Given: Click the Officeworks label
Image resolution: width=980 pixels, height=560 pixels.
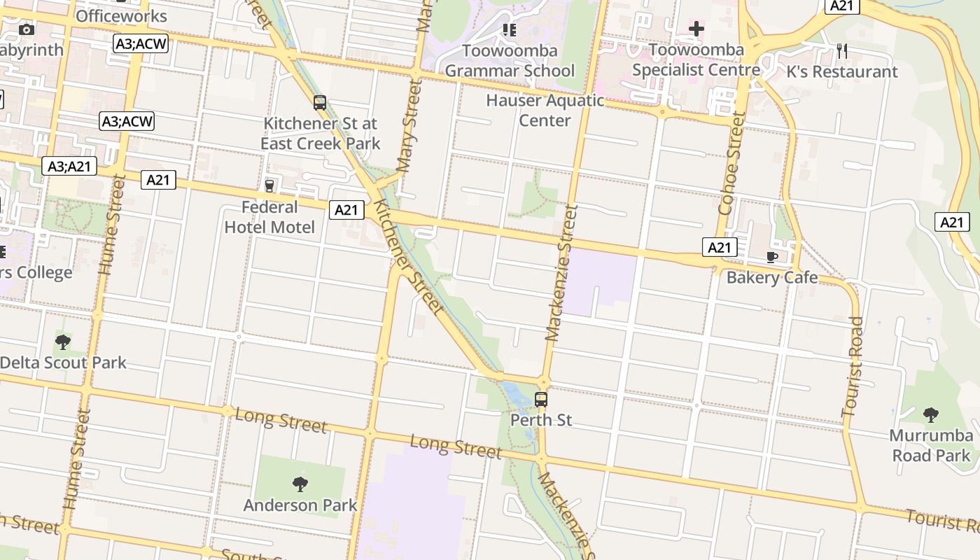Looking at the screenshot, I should [x=121, y=15].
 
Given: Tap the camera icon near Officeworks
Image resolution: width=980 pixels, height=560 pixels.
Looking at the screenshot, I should [x=27, y=29].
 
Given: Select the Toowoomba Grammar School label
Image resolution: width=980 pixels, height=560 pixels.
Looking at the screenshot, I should [x=510, y=60].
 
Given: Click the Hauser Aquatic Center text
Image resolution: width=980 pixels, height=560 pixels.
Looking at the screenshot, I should [x=545, y=110].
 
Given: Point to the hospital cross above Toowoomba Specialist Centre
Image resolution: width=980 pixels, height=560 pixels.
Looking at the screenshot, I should [x=696, y=29].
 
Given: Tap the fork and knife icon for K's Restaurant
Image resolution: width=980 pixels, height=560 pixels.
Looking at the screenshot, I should [x=842, y=50].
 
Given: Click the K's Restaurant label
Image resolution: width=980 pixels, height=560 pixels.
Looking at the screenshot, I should [x=842, y=71].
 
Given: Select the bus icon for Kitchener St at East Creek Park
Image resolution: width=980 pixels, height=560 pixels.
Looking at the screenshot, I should [x=320, y=103].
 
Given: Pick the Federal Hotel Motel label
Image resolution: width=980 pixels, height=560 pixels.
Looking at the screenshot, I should [x=269, y=217].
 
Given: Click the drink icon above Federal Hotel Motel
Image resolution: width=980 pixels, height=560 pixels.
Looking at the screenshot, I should [x=269, y=185].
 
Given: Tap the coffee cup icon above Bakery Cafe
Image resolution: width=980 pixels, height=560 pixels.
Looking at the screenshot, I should [x=772, y=257].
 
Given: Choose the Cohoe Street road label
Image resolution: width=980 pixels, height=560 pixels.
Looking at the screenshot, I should [x=732, y=164].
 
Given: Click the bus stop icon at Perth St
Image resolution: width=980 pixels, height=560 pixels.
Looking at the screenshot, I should [x=541, y=400].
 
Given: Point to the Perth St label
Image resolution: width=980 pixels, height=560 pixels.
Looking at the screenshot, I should [x=541, y=420].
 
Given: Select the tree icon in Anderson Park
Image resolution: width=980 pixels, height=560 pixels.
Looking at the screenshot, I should [x=300, y=484].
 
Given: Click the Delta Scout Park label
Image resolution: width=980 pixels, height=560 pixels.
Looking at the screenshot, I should [x=63, y=363].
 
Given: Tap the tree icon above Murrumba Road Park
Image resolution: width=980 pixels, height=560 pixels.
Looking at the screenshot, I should [x=930, y=414].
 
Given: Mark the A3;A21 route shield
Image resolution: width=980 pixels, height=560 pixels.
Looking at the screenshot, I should [x=69, y=166].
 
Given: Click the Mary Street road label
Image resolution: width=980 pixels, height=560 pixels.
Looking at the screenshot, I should [x=409, y=126].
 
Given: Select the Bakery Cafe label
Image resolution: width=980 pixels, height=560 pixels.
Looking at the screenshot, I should [x=772, y=277].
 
